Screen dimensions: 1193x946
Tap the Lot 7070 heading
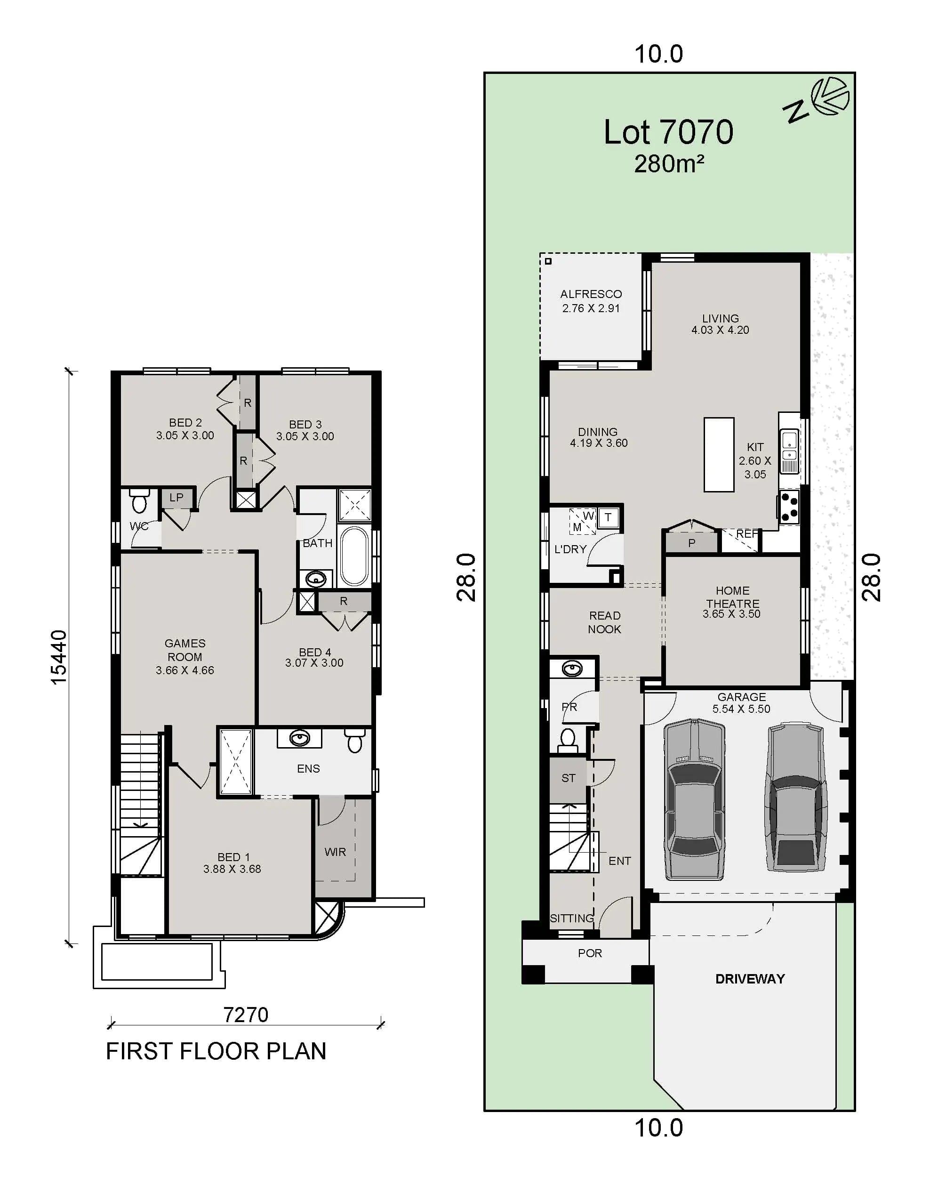pyautogui.click(x=668, y=132)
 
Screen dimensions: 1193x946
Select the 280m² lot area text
pyautogui.click(x=668, y=164)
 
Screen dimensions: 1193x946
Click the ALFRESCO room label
pyautogui.click(x=590, y=294)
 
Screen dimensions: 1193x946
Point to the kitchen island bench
pyautogui.click(x=718, y=454)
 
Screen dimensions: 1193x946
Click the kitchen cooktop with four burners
pyautogui.click(x=789, y=508)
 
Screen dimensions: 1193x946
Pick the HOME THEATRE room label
pyautogui.click(x=732, y=597)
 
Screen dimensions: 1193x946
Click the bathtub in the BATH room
pyautogui.click(x=353, y=556)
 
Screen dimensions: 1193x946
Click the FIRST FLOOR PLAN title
pyautogui.click(x=216, y=1051)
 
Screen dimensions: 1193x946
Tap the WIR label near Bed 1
pyautogui.click(x=335, y=852)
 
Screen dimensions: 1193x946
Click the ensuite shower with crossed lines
pyautogui.click(x=236, y=762)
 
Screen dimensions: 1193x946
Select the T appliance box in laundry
pyautogui.click(x=608, y=517)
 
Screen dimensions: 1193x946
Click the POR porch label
pyautogui.click(x=590, y=953)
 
